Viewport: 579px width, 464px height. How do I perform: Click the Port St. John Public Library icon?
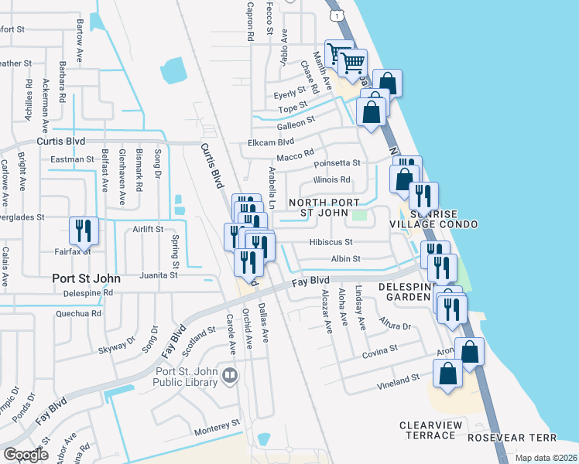[230, 377]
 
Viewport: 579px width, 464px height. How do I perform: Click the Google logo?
[26, 455]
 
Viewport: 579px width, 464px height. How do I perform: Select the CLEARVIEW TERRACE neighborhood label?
[428, 431]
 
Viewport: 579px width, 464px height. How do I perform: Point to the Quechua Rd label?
[78, 314]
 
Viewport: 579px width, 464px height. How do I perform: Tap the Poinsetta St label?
[337, 163]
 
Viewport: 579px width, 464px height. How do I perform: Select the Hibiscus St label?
[331, 241]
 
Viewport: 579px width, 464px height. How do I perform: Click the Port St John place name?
[84, 278]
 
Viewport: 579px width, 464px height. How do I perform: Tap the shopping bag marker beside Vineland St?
[448, 374]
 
